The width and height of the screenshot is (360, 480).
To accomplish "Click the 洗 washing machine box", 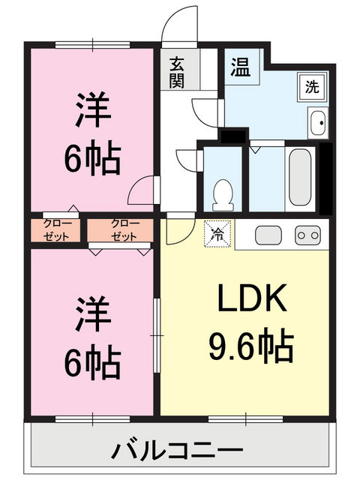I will (x=311, y=85).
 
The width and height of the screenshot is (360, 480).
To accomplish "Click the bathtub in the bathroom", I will (x=300, y=178).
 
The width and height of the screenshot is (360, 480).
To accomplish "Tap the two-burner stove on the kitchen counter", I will (x=307, y=235).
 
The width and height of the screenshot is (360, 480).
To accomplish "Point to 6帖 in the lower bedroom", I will (x=92, y=362).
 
